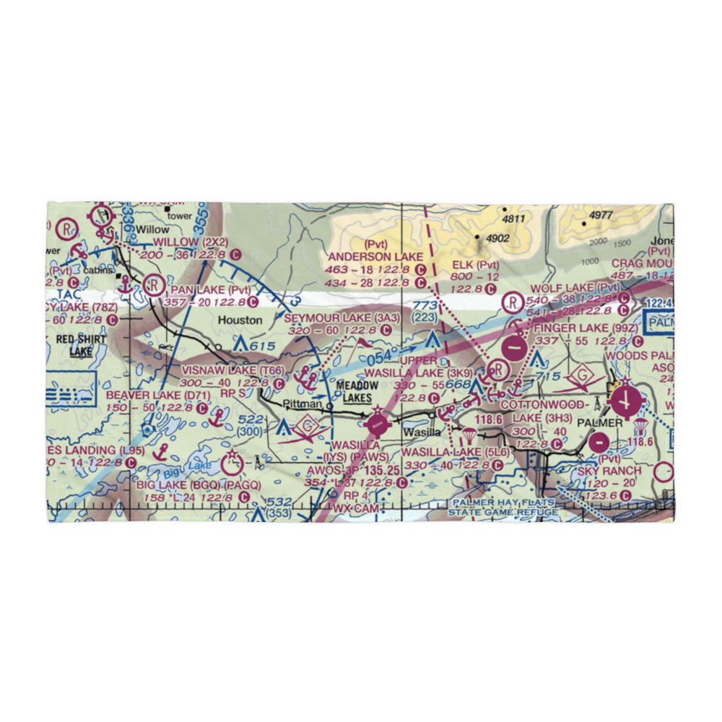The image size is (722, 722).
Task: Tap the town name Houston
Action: click(x=241, y=319)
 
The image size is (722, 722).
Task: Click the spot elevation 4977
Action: click(x=600, y=214)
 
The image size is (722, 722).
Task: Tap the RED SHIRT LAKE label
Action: click(x=82, y=345)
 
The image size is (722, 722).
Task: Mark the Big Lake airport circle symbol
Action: click(x=233, y=464)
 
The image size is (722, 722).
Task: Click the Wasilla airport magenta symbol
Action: click(x=377, y=422)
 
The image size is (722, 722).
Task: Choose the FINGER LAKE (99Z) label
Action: click(x=586, y=329)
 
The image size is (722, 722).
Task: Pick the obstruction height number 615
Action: click(x=263, y=347)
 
